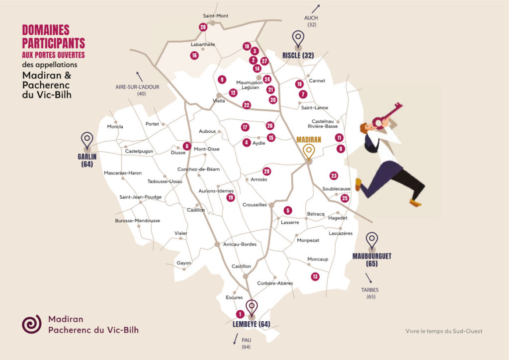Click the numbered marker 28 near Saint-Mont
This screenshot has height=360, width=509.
click(x=203, y=27)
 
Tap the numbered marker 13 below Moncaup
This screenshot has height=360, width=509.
click(x=315, y=276)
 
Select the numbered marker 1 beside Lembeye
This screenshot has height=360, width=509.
click(x=240, y=314)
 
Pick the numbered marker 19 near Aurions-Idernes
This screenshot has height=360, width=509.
click(x=231, y=197)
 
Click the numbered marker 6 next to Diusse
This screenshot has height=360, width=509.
click(x=187, y=146)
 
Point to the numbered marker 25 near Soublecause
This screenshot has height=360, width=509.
click(x=345, y=198)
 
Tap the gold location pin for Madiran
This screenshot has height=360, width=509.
click(x=309, y=150)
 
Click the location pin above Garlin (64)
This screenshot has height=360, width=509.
click(x=87, y=141)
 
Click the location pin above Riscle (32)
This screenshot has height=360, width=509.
click(x=298, y=39)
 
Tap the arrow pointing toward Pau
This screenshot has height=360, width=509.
click(x=235, y=339)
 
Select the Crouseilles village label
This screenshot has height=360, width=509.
click(x=255, y=205)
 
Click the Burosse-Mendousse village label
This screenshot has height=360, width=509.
click(x=138, y=220)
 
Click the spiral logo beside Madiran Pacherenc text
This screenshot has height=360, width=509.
click(x=31, y=324)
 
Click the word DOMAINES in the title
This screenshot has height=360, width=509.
click(x=46, y=30)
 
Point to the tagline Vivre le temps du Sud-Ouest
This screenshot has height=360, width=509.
click(x=444, y=331)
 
